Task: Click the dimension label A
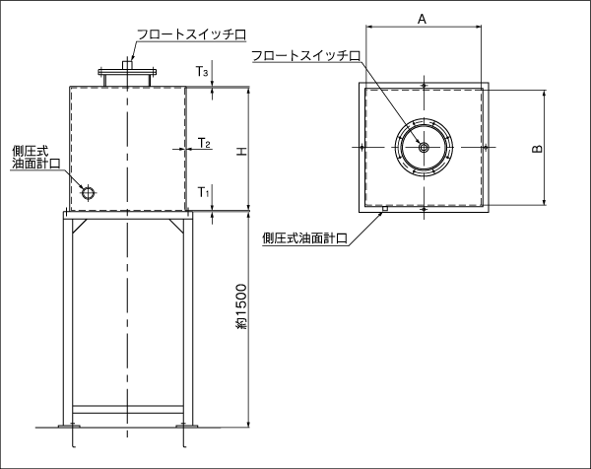point(422,19)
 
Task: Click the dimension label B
point(538,149)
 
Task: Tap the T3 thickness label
point(202,71)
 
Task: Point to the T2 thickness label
point(204,143)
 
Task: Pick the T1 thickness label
point(204,192)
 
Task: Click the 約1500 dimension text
point(241,306)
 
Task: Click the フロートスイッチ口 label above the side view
point(191,34)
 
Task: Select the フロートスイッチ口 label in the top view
point(305,56)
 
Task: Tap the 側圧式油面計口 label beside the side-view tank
point(35,158)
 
